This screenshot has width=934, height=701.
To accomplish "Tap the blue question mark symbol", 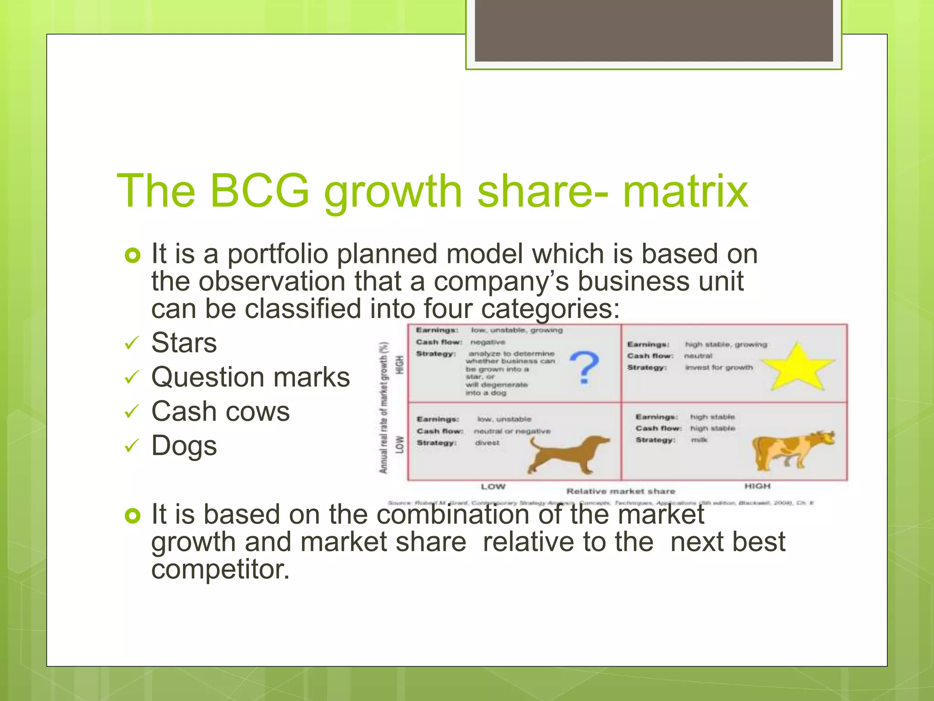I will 584,367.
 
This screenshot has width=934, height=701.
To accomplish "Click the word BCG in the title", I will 259,191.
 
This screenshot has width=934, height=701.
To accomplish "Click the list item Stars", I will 184,343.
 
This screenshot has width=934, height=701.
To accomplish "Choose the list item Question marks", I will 250,377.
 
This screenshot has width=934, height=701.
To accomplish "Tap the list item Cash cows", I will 220,412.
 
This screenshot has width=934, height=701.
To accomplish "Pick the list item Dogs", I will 184,446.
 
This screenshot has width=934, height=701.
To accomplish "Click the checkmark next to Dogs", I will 131,446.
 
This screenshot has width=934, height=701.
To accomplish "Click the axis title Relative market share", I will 620,492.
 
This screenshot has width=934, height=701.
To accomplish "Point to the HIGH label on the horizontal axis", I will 757,487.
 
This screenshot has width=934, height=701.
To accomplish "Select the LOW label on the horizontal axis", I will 493,487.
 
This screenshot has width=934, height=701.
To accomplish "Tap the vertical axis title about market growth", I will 384,407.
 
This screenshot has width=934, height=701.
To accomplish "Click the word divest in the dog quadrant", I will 487,443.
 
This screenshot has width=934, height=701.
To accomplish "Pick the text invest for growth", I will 719,368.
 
